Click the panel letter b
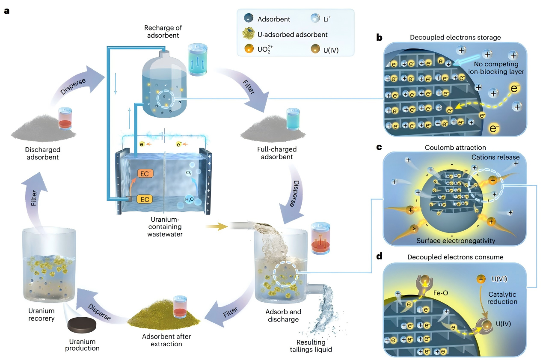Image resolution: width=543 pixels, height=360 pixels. point(379,38)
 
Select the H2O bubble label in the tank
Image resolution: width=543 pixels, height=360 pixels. point(189,199)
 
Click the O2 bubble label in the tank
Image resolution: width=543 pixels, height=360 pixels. point(189,173)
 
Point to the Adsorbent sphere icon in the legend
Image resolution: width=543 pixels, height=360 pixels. point(248,18)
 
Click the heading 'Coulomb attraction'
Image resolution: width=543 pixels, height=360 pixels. point(455,148)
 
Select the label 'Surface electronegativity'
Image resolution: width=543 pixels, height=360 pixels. point(456,241)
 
